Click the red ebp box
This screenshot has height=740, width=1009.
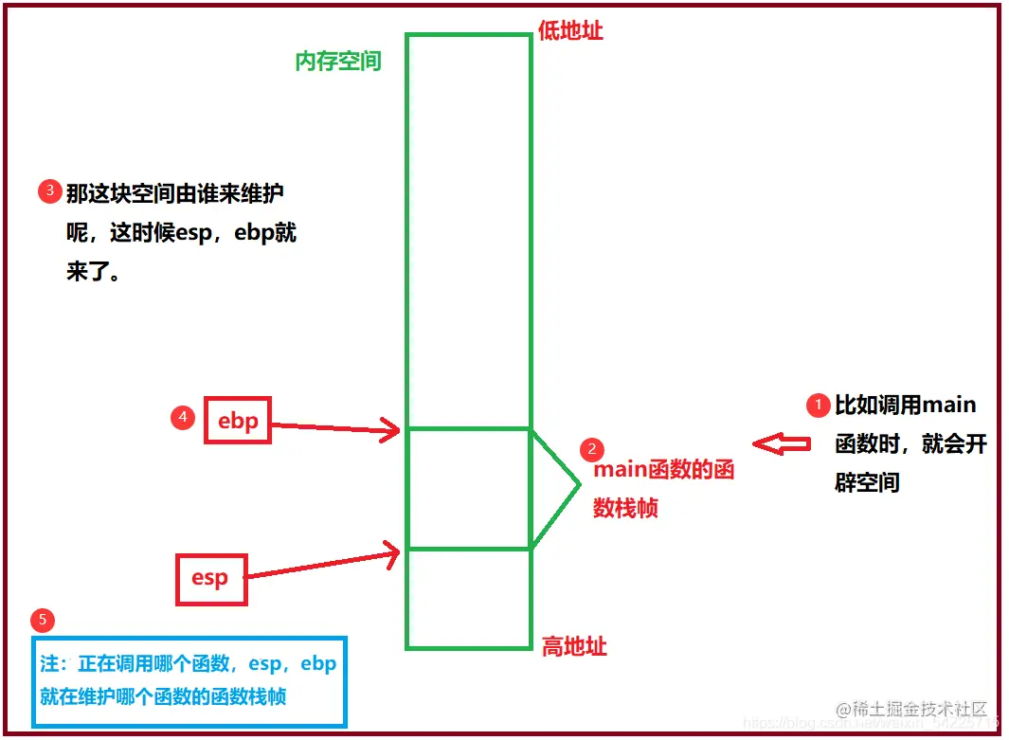[238, 420]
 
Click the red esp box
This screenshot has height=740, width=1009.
[210, 577]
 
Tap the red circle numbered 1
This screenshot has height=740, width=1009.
[817, 406]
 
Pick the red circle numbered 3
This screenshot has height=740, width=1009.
[49, 191]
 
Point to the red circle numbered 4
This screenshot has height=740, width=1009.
[183, 417]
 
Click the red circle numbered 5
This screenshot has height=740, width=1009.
[43, 621]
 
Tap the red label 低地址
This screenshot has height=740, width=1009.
[570, 30]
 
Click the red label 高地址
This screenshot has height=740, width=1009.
[574, 647]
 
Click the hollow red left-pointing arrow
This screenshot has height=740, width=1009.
[782, 443]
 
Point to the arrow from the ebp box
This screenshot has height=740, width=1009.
[336, 429]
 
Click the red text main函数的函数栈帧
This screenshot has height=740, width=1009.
[663, 489]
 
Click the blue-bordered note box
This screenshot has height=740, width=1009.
[189, 681]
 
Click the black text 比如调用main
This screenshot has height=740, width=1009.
[905, 406]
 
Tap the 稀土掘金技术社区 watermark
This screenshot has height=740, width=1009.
[910, 710]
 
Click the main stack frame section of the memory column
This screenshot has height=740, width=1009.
[468, 488]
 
